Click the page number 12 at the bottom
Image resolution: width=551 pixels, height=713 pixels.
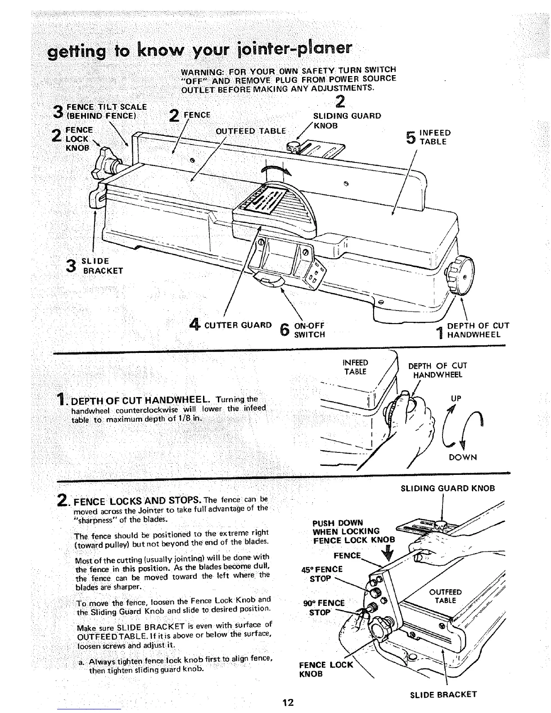(288, 702)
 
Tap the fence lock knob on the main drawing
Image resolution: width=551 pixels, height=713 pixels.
(107, 166)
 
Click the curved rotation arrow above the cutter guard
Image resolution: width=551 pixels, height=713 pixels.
(276, 171)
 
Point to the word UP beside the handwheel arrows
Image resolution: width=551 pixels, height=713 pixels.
(456, 398)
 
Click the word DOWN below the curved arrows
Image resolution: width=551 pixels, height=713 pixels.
(463, 457)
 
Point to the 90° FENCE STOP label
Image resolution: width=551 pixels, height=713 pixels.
(325, 608)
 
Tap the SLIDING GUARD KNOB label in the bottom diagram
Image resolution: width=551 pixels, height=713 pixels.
(447, 488)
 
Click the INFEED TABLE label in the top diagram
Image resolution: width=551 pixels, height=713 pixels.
(434, 137)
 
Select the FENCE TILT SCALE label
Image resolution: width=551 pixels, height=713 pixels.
(106, 111)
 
